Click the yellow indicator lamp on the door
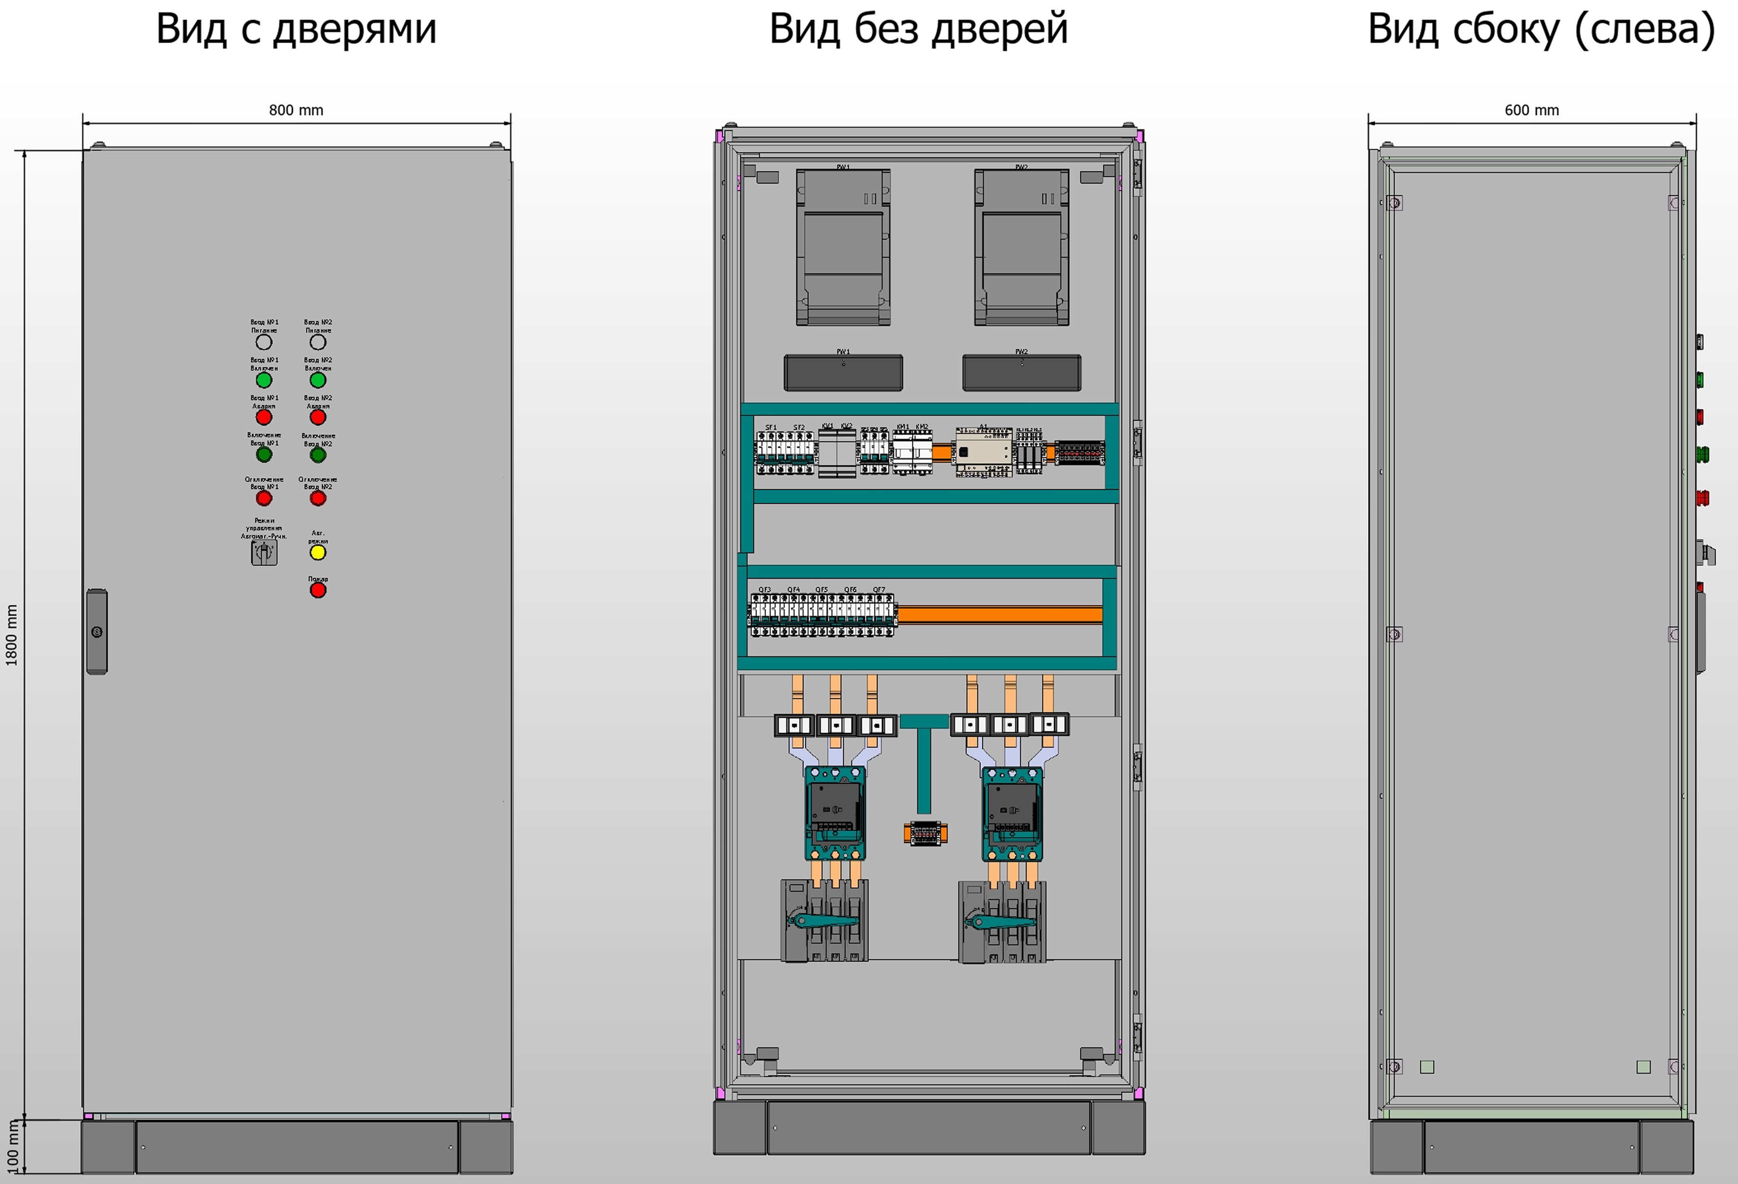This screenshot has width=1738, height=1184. coord(318,553)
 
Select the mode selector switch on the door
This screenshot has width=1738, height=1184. coord(264,553)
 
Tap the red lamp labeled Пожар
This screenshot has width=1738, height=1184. coord(318,590)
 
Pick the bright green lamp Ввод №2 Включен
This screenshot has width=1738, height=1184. coord(318,380)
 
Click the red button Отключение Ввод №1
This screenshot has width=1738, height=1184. coord(264,498)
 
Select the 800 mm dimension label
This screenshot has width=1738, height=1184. coord(296,110)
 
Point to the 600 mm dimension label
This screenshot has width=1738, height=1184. coord(1532,110)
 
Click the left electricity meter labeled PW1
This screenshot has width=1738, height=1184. coord(843,247)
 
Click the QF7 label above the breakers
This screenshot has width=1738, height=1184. coord(879,590)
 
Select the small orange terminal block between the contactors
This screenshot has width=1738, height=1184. coord(925,832)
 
